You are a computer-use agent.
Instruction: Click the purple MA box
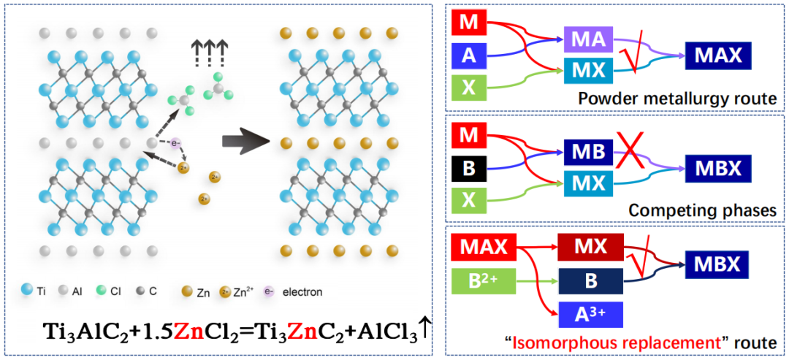click(x=587, y=39)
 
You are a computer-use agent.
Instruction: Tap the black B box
click(x=469, y=167)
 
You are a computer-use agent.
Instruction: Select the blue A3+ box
click(x=591, y=315)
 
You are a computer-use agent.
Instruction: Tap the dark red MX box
click(x=591, y=246)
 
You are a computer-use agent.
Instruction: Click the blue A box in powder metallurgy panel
click(x=469, y=55)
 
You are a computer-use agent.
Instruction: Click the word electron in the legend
click(x=303, y=291)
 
